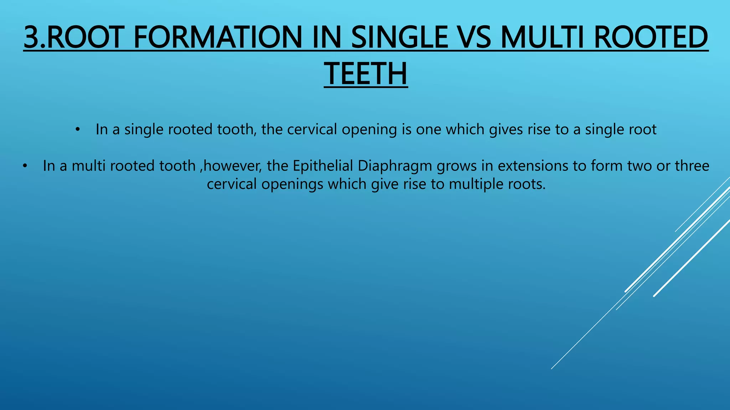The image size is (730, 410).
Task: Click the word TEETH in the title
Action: (366, 74)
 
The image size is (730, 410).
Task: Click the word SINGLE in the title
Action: (400, 37)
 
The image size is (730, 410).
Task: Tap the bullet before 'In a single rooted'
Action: (78, 130)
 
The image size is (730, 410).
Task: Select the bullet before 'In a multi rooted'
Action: (24, 166)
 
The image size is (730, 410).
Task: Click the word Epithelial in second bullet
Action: (323, 166)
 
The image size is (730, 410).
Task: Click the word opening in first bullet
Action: (369, 130)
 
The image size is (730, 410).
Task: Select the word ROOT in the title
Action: (87, 37)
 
